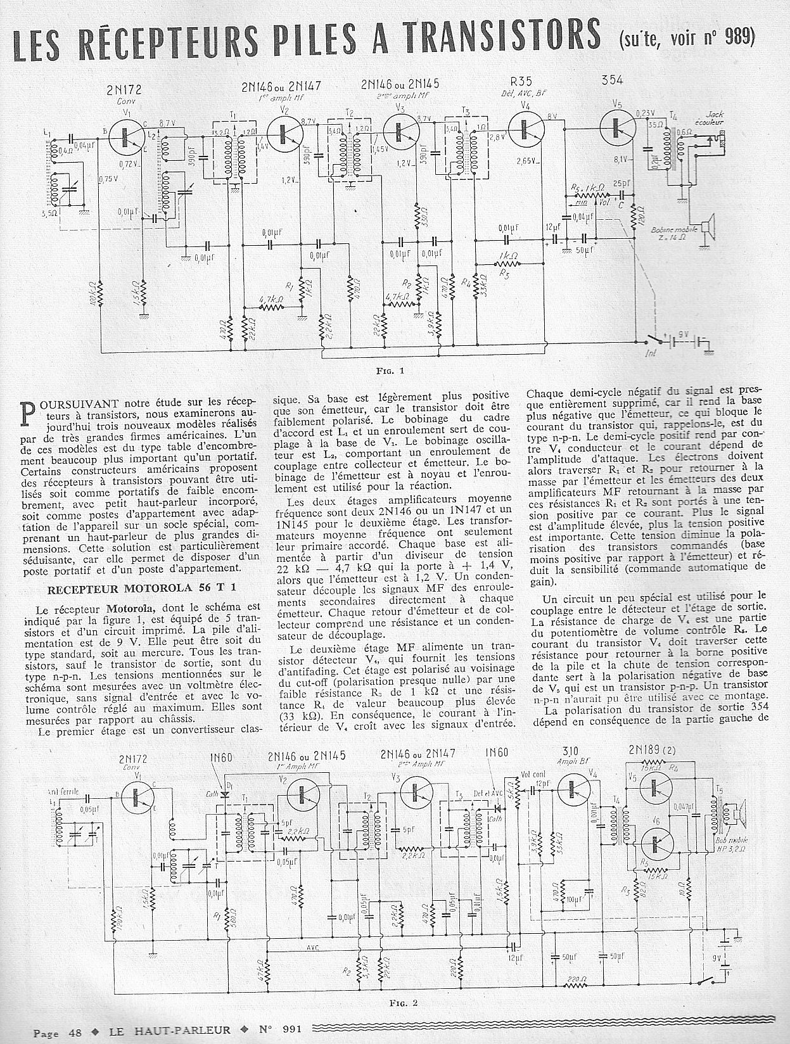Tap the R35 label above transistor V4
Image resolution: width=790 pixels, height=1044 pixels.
pos(525,82)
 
